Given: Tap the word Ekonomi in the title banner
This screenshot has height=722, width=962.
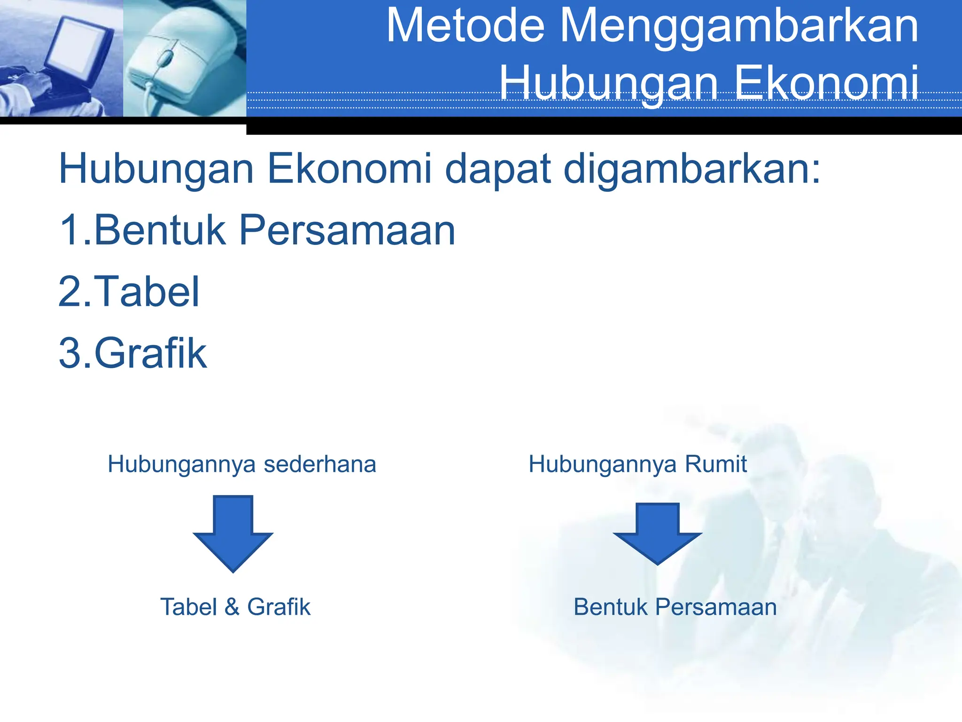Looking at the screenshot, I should (826, 84).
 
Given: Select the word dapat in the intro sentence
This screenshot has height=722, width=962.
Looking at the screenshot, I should (497, 170).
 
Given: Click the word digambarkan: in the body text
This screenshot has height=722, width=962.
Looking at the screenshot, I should (691, 170).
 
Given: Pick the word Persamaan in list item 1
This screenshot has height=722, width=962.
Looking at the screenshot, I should (347, 231).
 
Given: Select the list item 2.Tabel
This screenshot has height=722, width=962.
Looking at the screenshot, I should (129, 292).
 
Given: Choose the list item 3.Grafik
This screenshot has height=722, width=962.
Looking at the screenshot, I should (132, 353).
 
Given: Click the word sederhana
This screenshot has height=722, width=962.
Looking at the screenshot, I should (320, 464).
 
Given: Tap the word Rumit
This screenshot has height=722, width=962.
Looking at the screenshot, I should (715, 464).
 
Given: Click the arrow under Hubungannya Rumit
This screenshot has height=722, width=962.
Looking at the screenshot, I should (657, 533).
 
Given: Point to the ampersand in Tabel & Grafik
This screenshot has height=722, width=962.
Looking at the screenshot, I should (232, 607).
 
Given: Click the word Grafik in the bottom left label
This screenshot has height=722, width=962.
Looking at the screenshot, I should (279, 607).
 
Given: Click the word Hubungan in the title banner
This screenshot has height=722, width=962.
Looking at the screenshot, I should (609, 84).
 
